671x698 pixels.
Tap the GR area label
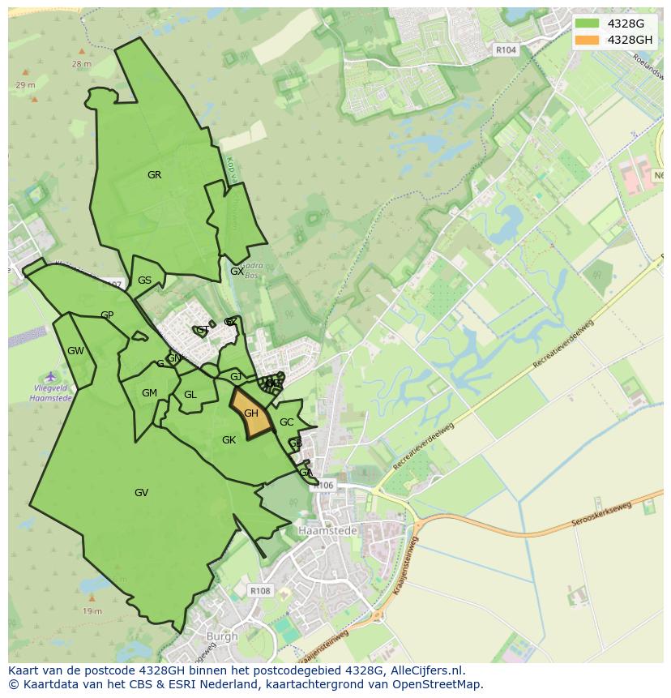point(154,175)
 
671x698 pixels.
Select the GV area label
point(141,492)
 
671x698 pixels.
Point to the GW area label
point(75,351)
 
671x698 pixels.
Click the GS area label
point(144,280)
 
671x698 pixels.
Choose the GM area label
point(149,393)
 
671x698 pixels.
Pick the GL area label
point(190,395)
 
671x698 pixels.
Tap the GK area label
point(229,439)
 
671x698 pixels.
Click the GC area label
point(286,422)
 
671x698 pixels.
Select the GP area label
point(107,315)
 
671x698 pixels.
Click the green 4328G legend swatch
point(587,24)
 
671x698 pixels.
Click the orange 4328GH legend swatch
point(587,40)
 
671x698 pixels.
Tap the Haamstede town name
point(322,529)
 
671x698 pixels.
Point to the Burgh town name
point(221,636)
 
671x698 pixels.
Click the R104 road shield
point(506,50)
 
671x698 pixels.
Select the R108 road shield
point(260,591)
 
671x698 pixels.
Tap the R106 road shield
point(324,486)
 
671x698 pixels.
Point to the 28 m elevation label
point(81,63)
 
